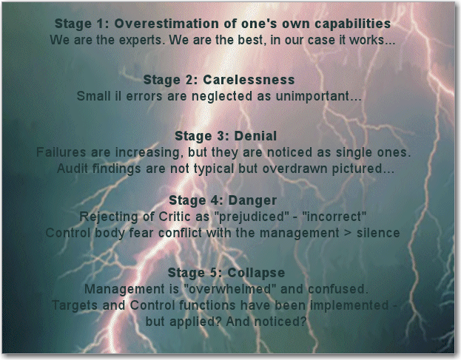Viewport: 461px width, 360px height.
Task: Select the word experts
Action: [x=142, y=40]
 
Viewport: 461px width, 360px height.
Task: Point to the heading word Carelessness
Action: [x=249, y=80]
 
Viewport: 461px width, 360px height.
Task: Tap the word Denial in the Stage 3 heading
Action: [x=255, y=136]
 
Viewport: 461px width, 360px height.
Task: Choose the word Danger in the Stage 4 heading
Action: [x=252, y=200]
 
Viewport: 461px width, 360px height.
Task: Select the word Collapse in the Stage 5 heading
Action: [x=256, y=274]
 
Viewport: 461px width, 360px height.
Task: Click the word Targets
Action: [x=75, y=306]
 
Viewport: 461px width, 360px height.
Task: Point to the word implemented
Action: [x=349, y=306]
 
